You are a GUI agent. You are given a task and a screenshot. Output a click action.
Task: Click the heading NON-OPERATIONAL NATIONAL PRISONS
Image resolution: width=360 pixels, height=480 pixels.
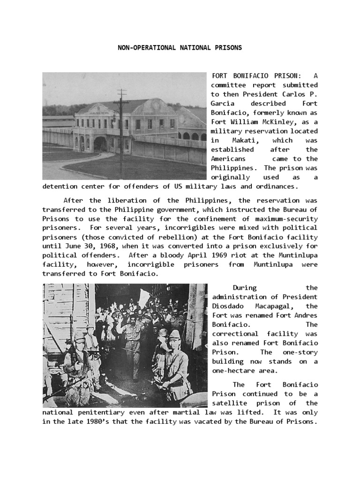click(x=179, y=48)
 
